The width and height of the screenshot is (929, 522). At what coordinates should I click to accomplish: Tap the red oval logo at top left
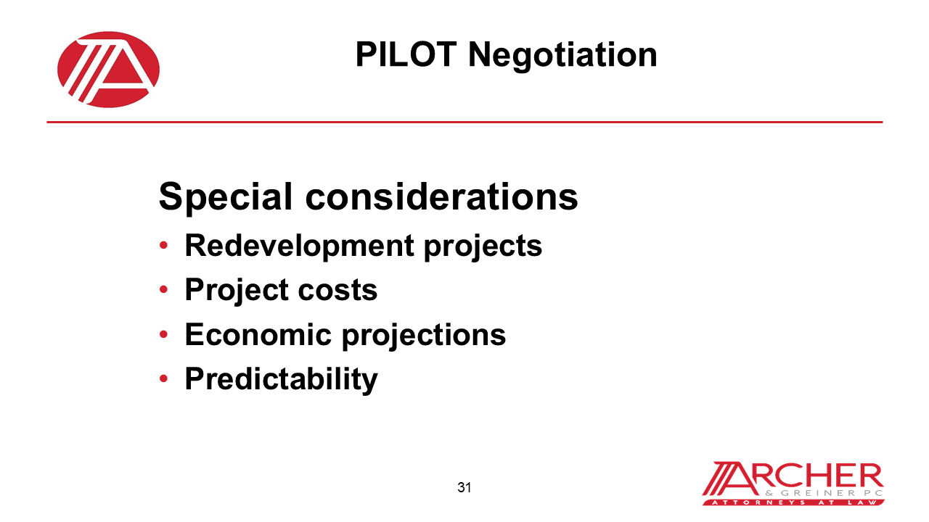coord(109,70)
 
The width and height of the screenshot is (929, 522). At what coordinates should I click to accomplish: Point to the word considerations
coord(441,196)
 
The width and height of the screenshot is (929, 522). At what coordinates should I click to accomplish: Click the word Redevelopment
coord(300,246)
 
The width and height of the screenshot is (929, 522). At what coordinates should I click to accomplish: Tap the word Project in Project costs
coord(226,291)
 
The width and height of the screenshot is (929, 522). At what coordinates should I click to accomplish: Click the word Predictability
coord(281,379)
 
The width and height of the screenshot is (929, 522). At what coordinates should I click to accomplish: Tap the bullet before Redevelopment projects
coord(164,246)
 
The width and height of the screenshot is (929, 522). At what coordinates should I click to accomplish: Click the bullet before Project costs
coord(164,291)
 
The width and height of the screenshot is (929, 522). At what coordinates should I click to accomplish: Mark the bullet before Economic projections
coord(164,335)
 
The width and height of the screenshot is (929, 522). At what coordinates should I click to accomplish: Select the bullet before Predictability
coord(164,379)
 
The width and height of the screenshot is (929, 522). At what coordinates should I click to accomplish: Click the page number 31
coord(464,487)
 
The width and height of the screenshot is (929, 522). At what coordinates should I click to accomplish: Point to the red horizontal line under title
coord(464,122)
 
